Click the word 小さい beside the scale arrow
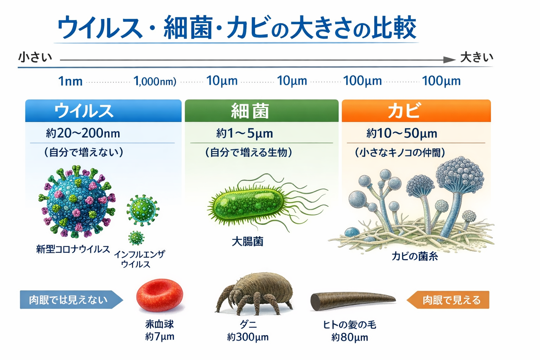point(35,58)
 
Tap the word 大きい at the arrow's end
point(477,58)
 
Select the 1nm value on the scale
point(70,81)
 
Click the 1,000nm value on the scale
point(155,81)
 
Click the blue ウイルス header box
point(103,111)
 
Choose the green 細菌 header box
point(262,111)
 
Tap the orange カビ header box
point(416,111)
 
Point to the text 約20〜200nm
point(83,133)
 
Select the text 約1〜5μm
point(244,133)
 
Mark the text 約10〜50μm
point(401,133)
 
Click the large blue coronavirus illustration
point(77,201)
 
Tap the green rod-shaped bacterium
point(248,205)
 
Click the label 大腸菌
point(247,242)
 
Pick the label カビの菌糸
point(414,256)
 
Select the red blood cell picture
point(160,295)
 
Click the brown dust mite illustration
point(254,294)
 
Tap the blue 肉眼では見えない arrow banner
point(71,300)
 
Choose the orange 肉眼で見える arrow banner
point(448,300)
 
